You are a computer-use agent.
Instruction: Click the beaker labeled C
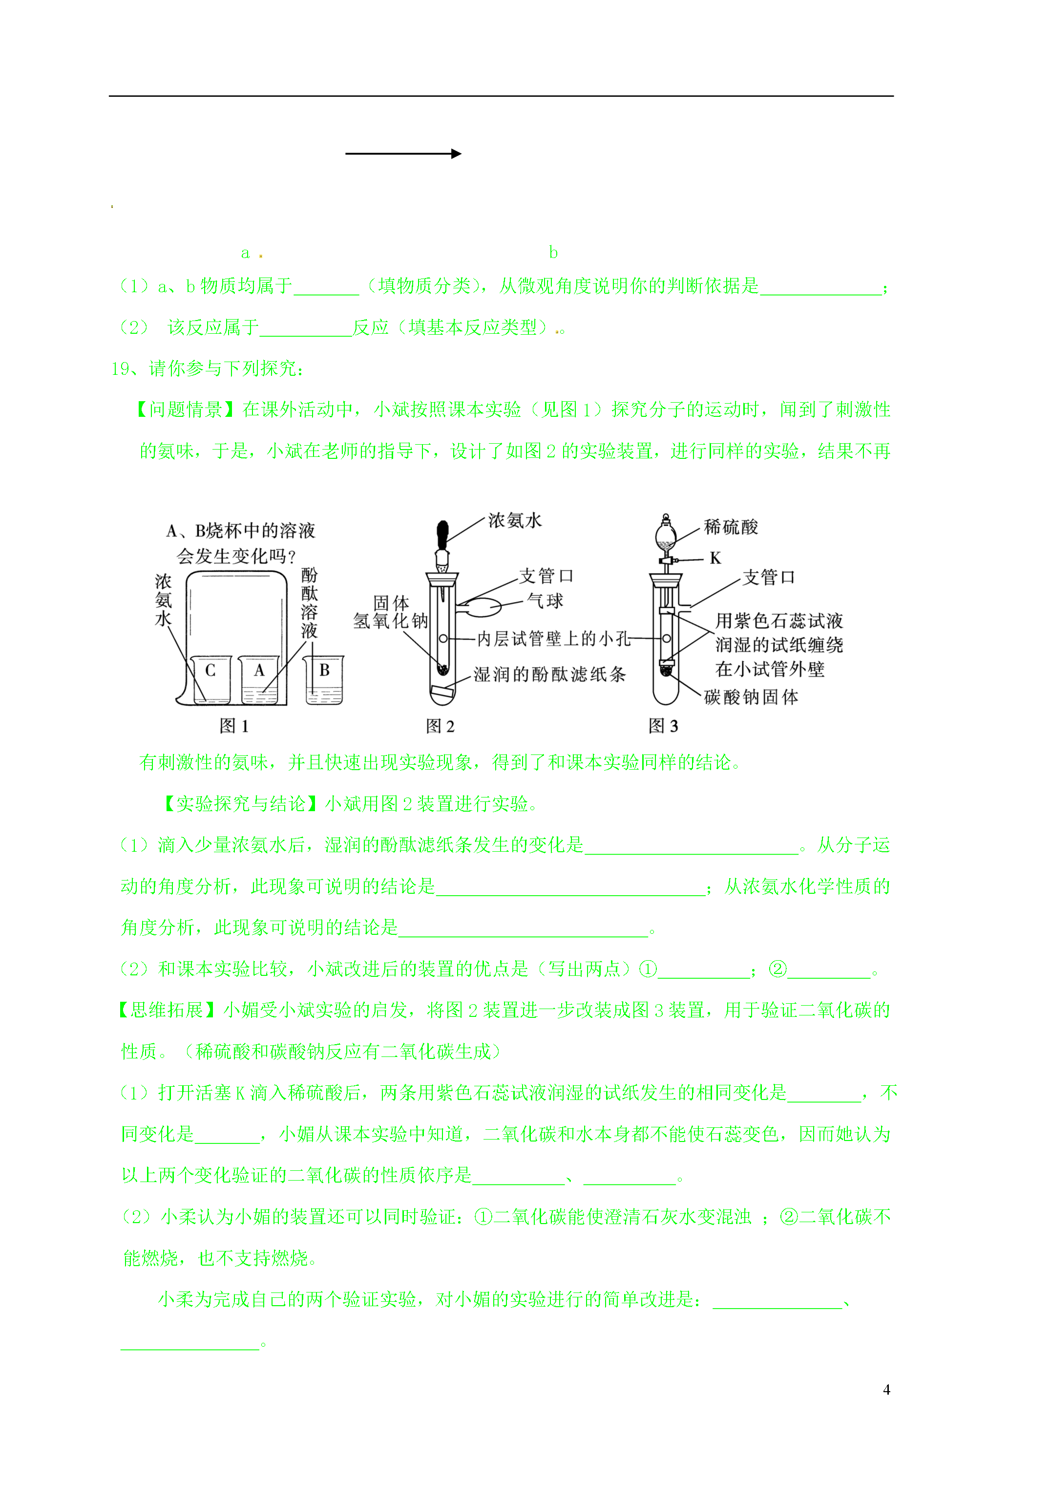click(x=211, y=680)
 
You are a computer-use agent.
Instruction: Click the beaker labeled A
click(x=259, y=680)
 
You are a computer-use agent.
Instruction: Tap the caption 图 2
click(x=440, y=726)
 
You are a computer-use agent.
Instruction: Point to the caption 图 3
click(x=663, y=726)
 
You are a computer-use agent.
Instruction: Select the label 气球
click(x=545, y=601)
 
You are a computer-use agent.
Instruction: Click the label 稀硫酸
click(x=731, y=527)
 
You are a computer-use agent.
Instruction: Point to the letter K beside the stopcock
click(x=715, y=558)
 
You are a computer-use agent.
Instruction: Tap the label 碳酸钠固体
click(x=751, y=697)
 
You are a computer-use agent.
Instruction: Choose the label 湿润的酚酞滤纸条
click(x=549, y=674)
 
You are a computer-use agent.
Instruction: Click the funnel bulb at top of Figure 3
click(x=665, y=535)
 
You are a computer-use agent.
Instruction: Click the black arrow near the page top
click(x=403, y=153)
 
